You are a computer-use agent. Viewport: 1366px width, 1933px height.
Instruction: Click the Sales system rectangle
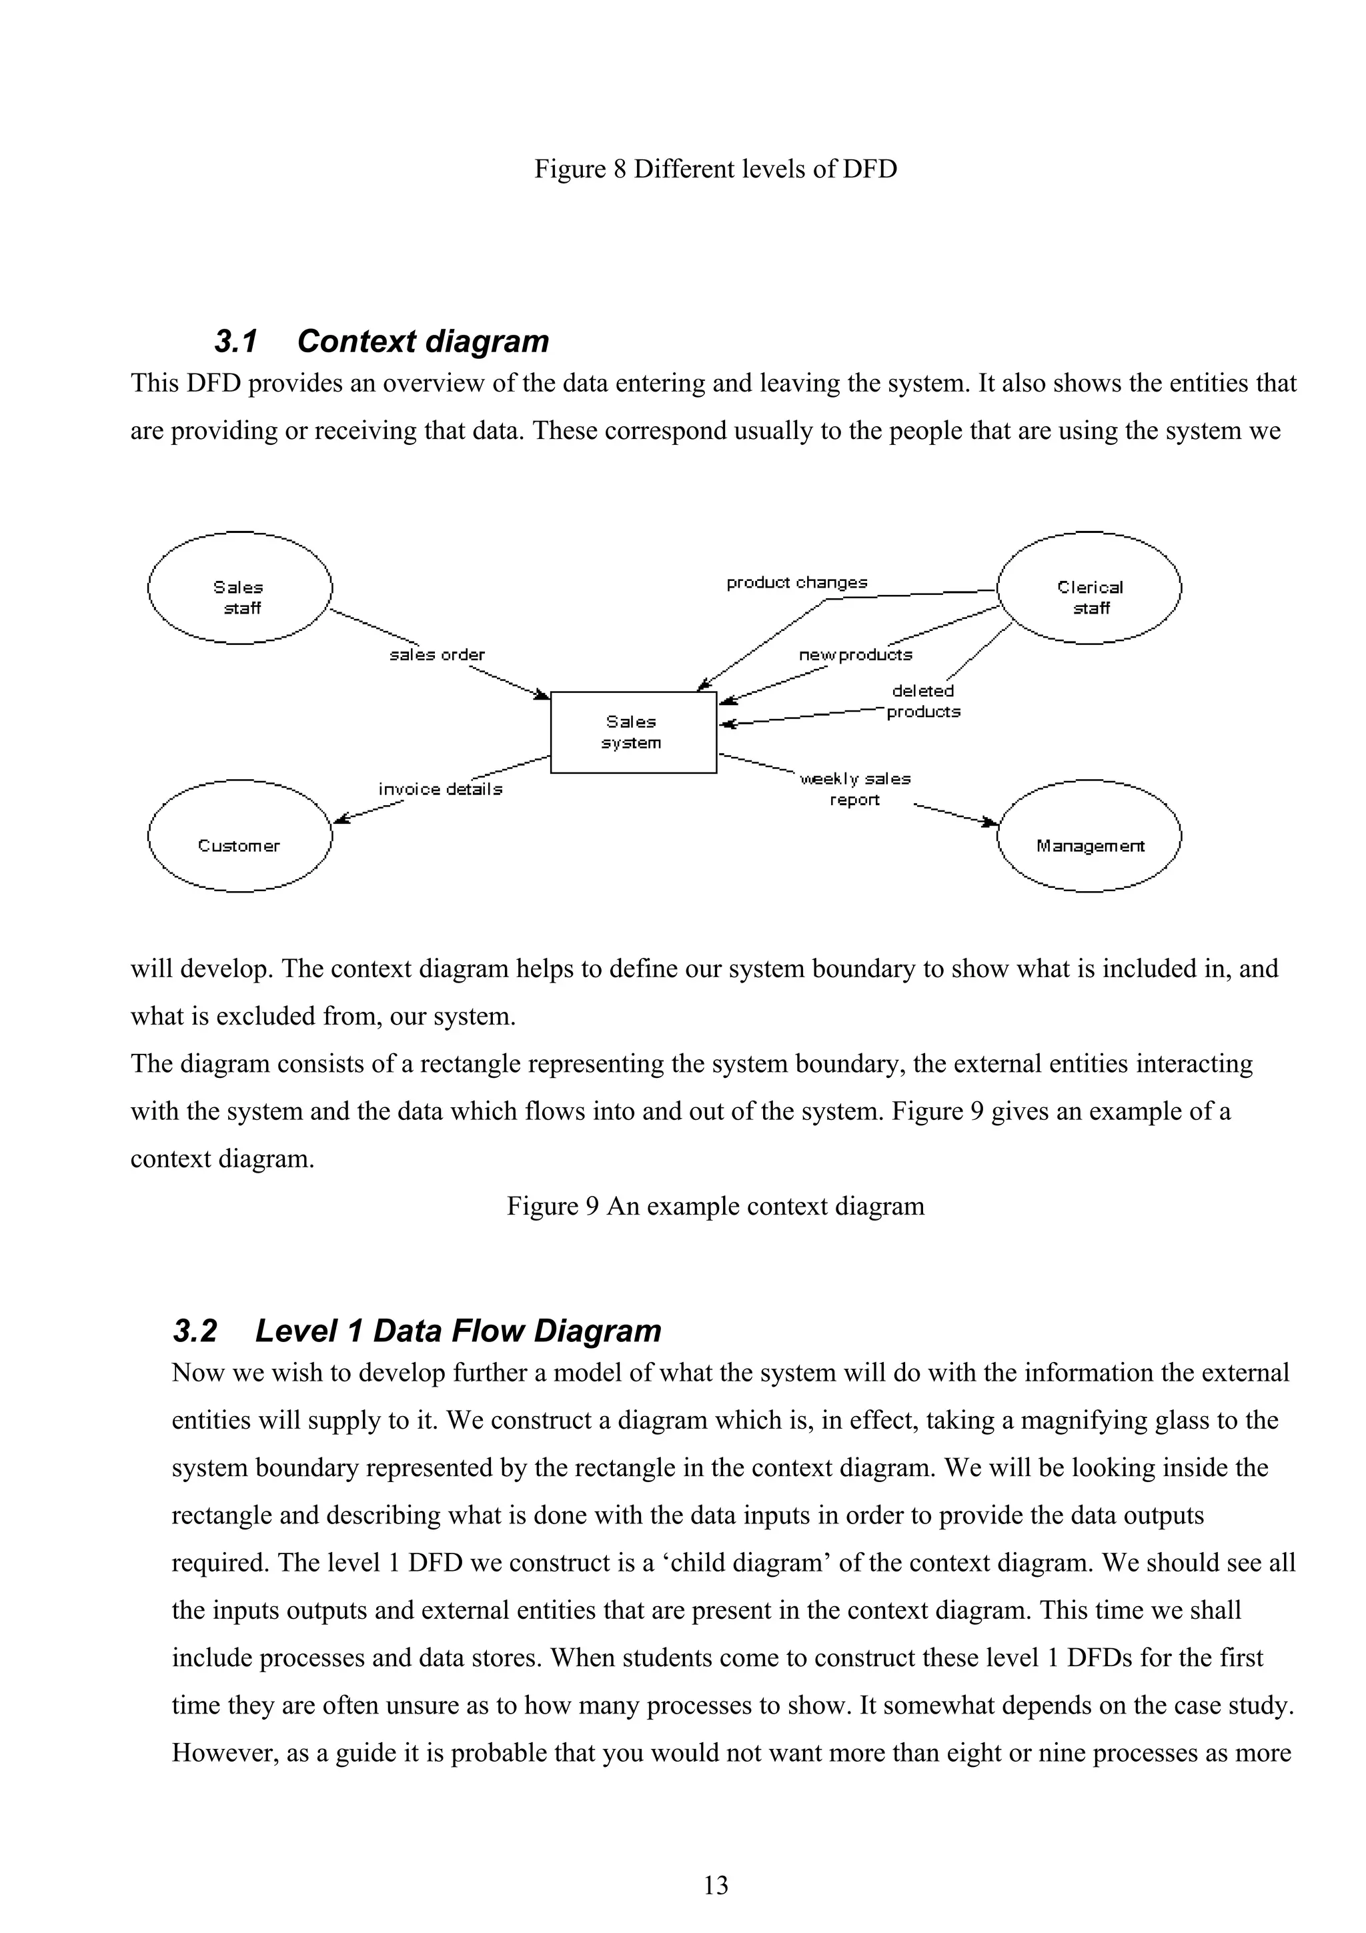pyautogui.click(x=633, y=732)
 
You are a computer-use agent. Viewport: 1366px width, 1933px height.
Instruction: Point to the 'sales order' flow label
pyautogui.click(x=437, y=654)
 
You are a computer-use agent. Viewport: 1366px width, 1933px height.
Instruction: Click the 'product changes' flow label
pyautogui.click(x=796, y=582)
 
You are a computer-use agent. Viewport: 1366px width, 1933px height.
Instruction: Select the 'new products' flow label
pyautogui.click(x=855, y=654)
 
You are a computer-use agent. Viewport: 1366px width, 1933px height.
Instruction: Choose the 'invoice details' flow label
pyautogui.click(x=440, y=789)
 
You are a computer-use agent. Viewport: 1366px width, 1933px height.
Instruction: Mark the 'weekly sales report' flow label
pyautogui.click(x=854, y=789)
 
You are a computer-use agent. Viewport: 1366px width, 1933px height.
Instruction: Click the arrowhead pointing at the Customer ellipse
pyautogui.click(x=340, y=818)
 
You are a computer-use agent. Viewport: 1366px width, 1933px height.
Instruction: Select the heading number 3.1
pyautogui.click(x=235, y=342)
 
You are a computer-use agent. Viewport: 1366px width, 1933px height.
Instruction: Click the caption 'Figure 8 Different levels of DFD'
pyautogui.click(x=716, y=169)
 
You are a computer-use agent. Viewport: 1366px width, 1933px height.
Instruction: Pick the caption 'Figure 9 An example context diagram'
pyautogui.click(x=716, y=1207)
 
